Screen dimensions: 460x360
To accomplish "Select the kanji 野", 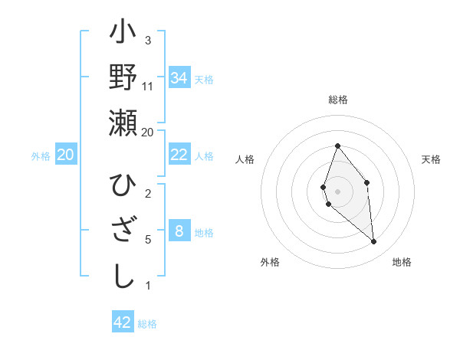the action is pyautogui.click(x=123, y=78).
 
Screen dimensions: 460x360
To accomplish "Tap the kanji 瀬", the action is pyautogui.click(x=123, y=123).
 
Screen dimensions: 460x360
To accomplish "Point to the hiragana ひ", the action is pyautogui.click(x=123, y=186).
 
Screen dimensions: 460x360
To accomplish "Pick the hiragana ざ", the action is pyautogui.click(x=123, y=231).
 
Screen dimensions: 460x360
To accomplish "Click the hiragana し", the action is pyautogui.click(x=123, y=277).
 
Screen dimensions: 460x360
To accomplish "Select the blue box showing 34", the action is pyautogui.click(x=179, y=78).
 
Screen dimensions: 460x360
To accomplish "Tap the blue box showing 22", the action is pyautogui.click(x=179, y=155).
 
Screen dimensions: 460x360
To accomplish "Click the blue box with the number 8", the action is pyautogui.click(x=179, y=231).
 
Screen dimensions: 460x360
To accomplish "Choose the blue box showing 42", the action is pyautogui.click(x=123, y=322).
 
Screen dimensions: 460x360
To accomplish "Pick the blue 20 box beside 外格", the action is pyautogui.click(x=66, y=155).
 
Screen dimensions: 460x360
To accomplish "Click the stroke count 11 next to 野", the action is pyautogui.click(x=148, y=87).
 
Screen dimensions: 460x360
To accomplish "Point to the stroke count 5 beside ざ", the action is pyautogui.click(x=148, y=240).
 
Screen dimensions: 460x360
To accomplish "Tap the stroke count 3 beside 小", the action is pyautogui.click(x=148, y=41).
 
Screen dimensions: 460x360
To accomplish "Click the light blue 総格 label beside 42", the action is pyautogui.click(x=147, y=324).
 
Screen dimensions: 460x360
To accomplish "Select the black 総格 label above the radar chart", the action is pyautogui.click(x=337, y=100).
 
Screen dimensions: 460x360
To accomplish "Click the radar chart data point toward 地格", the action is pyautogui.click(x=374, y=242).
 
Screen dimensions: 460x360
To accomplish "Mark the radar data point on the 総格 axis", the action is pyautogui.click(x=337, y=146).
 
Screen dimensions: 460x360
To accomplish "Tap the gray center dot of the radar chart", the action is pyautogui.click(x=337, y=191).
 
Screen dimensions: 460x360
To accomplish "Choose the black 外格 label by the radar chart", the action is pyautogui.click(x=270, y=262).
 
